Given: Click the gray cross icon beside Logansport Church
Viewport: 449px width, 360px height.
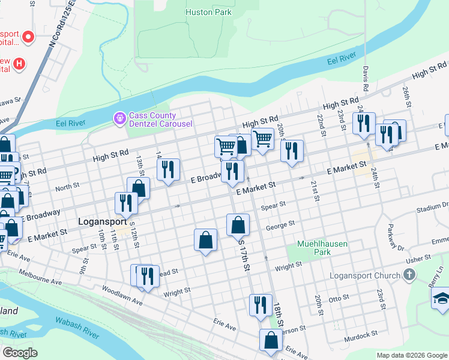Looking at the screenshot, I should point(409,275).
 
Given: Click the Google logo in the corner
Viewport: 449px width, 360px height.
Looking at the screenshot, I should point(19,353).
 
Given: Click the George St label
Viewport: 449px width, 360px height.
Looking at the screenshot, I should point(280,226).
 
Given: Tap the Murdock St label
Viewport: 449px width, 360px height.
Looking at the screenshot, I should point(361,334).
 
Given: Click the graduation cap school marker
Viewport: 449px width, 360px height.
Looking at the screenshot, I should point(441,299).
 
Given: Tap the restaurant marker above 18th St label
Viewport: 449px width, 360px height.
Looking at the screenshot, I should point(260,304).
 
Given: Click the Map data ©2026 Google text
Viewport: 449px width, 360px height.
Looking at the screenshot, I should point(411,355).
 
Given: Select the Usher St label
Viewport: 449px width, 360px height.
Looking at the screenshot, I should point(419,259).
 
